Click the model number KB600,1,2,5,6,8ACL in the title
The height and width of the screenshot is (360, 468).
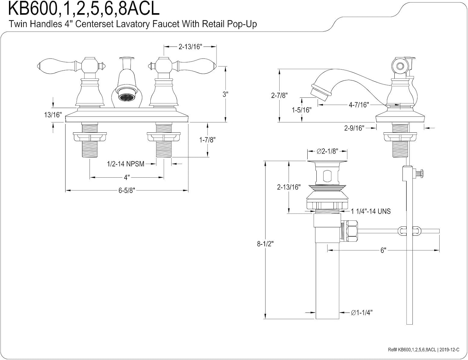[84, 9]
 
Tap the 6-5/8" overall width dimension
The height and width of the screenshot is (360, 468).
[126, 190]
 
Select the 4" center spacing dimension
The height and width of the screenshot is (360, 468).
[126, 177]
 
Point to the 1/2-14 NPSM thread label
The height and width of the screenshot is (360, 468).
[125, 164]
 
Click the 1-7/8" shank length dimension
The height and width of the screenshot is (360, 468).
[207, 140]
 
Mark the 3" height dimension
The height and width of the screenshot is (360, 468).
[225, 94]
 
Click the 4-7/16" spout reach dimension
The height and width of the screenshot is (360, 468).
[359, 105]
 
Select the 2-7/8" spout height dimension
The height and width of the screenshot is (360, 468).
[279, 95]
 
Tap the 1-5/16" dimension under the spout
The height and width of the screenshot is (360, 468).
[301, 110]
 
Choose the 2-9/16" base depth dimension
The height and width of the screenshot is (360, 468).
[354, 128]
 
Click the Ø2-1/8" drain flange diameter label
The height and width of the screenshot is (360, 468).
[327, 151]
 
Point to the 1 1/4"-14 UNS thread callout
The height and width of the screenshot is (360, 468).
[371, 211]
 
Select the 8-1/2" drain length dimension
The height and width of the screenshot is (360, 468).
[265, 244]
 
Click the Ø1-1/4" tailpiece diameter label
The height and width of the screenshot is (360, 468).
[362, 312]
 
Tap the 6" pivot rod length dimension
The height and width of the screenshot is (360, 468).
[383, 250]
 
